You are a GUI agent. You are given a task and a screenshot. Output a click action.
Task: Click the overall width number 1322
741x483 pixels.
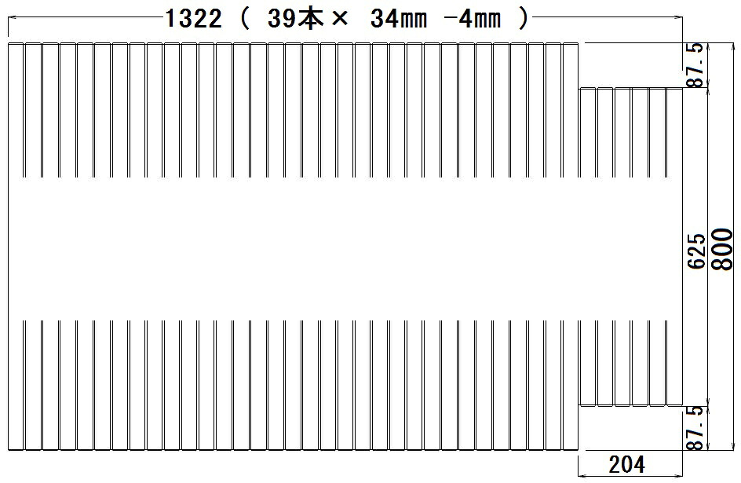point(193,19)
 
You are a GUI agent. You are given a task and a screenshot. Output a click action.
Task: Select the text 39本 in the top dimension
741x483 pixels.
point(295,19)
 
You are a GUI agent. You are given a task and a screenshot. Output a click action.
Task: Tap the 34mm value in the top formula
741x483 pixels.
point(399,19)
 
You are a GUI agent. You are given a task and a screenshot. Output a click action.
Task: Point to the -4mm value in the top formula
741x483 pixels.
point(473,19)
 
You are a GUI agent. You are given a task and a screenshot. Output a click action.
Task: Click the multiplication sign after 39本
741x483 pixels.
point(340,19)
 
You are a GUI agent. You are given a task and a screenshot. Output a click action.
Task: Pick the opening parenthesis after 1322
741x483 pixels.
point(244,19)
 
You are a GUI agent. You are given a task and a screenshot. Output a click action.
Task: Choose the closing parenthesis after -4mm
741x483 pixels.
point(523,19)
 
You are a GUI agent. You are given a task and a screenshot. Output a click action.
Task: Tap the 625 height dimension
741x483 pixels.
point(696,251)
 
